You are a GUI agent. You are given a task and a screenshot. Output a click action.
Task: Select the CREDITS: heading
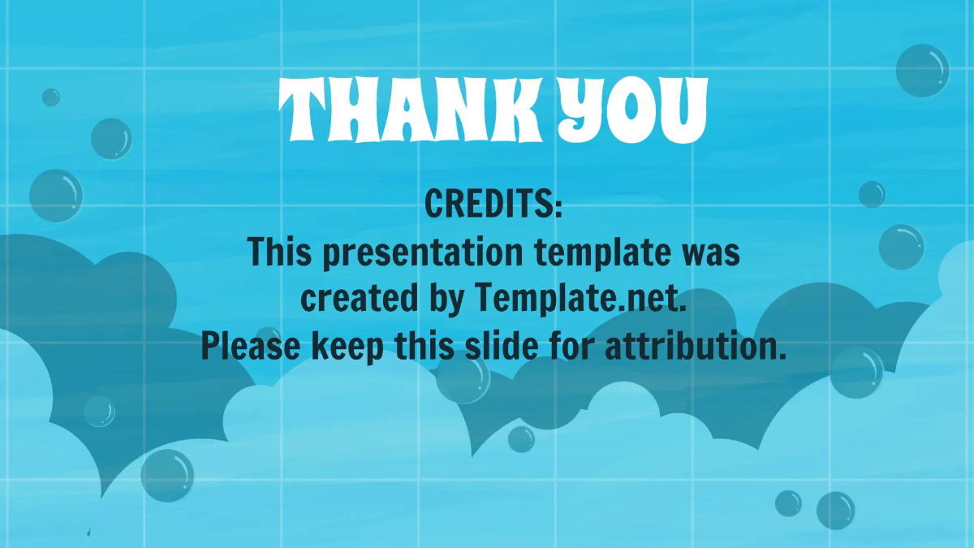pyautogui.click(x=493, y=205)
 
